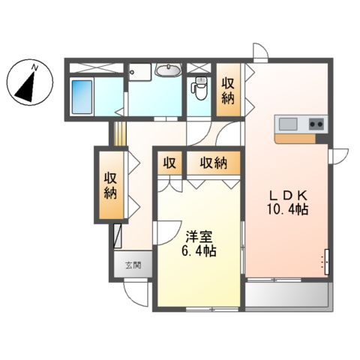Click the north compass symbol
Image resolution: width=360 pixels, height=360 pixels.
coord(28,84)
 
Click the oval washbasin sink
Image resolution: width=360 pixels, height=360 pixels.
coord(169,72)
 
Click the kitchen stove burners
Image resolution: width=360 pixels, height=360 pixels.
coord(316,123)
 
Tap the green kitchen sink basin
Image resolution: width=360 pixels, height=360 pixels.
coord(288,123)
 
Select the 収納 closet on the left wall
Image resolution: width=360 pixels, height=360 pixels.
coord(109,184)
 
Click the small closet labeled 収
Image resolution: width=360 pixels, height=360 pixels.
coord(169,162)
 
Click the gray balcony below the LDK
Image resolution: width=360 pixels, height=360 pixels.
coord(288,296)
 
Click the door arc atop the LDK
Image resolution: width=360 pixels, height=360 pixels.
coord(259,53)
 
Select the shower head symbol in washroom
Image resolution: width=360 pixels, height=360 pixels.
coord(133,72)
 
